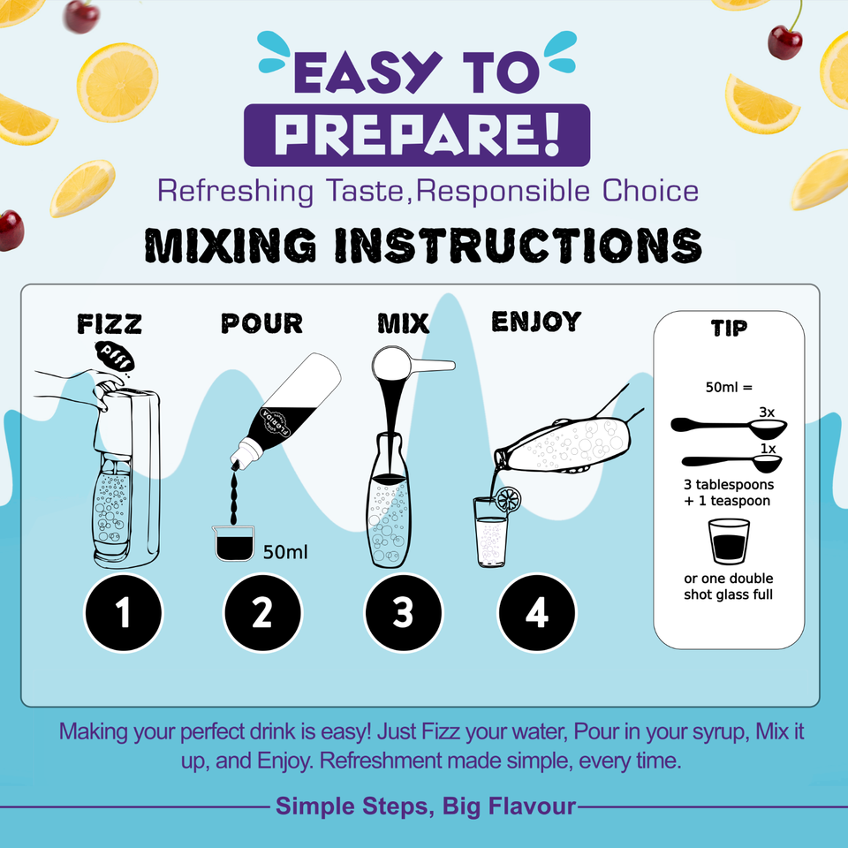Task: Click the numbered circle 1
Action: [x=124, y=613]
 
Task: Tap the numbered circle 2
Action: [x=262, y=613]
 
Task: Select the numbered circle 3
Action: [x=403, y=613]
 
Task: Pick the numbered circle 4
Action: [x=537, y=613]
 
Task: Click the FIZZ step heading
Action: [x=110, y=324]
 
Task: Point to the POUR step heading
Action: [x=261, y=323]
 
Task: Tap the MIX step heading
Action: [x=404, y=323]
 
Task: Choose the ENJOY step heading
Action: [x=536, y=322]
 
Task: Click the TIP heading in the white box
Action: [x=729, y=328]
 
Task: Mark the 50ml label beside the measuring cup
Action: [x=285, y=552]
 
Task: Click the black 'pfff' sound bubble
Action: [x=115, y=357]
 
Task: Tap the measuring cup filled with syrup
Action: [x=233, y=543]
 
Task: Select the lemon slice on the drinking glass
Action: [x=508, y=499]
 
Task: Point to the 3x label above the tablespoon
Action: [x=767, y=413]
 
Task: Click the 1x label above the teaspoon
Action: [x=768, y=449]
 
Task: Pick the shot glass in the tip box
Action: [x=729, y=541]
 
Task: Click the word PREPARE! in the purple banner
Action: [x=417, y=134]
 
